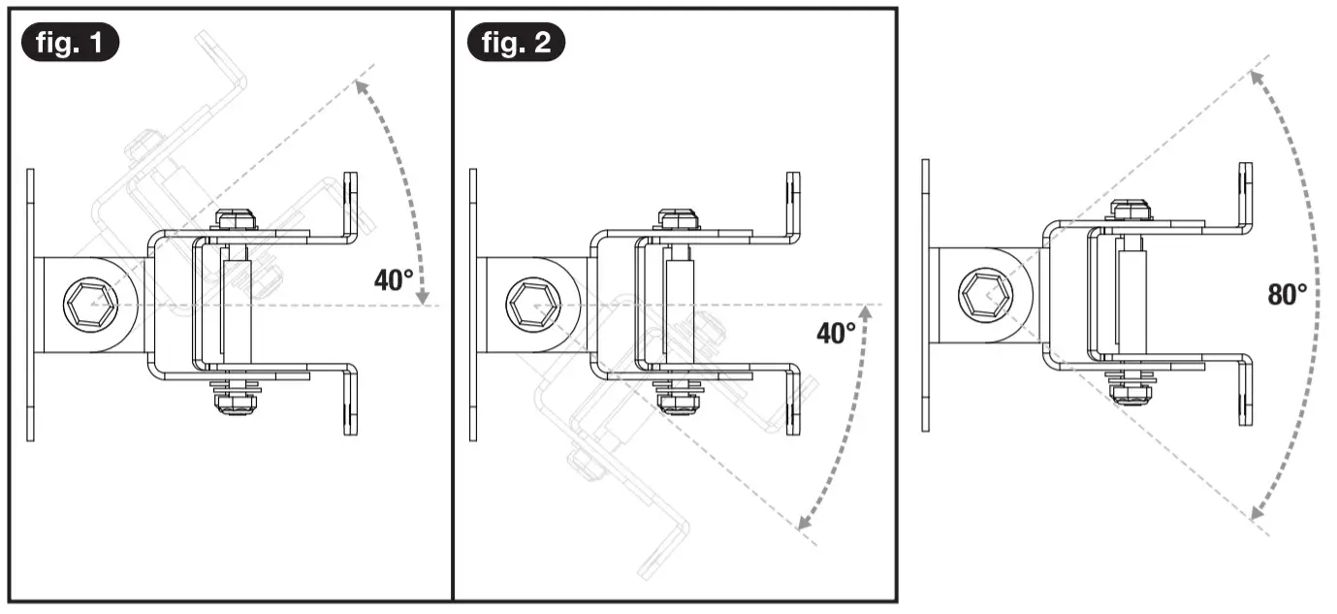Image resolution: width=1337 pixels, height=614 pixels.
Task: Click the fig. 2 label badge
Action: tap(516, 43)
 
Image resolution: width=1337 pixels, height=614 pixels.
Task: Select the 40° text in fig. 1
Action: tap(394, 280)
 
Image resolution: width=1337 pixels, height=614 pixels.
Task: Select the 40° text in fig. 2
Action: tap(836, 334)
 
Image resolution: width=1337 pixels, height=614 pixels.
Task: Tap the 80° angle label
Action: tap(1288, 294)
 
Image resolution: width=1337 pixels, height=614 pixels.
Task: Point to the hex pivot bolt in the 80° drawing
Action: tap(981, 292)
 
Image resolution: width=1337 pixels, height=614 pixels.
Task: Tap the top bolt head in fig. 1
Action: tap(236, 218)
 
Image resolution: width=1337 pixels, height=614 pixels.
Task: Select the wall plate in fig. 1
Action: tap(30, 304)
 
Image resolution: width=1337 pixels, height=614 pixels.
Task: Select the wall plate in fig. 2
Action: tap(473, 304)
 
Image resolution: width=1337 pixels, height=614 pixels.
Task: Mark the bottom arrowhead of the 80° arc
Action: tap(1257, 514)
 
